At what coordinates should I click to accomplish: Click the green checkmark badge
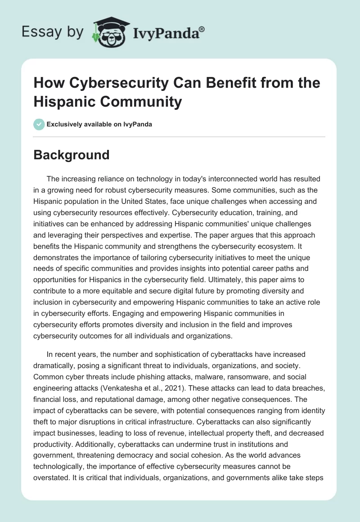[x=39, y=124]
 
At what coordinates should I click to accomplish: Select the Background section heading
[x=72, y=155]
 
